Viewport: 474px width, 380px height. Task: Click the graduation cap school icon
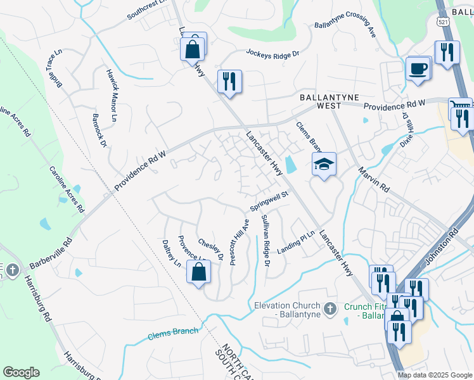coord(324,165)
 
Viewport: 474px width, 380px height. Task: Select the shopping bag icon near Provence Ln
coord(199,272)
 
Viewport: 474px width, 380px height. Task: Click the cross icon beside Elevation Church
coord(329,308)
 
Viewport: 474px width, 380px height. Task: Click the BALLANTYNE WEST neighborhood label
coord(330,101)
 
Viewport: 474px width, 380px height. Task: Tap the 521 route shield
coord(443,22)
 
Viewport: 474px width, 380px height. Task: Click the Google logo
coord(21,372)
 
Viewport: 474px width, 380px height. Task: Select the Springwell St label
coord(269,202)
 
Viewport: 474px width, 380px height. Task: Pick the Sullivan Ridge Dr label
coord(265,240)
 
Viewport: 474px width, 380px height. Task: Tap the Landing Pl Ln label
coord(300,240)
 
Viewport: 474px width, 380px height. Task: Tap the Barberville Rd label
coord(51,251)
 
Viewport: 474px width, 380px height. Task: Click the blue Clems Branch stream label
coord(173,332)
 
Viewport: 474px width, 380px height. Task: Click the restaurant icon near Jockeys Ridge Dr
coord(229,82)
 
